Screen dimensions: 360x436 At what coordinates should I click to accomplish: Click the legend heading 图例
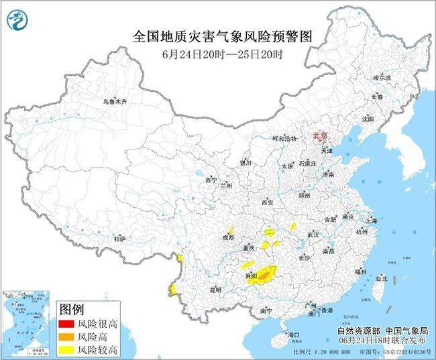pyautogui.click(x=72, y=310)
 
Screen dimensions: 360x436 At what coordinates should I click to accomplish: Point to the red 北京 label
pyautogui.click(x=321, y=136)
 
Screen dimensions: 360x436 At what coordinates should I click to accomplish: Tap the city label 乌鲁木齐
pyautogui.click(x=115, y=101)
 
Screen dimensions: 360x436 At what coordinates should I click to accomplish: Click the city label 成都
pyautogui.click(x=229, y=237)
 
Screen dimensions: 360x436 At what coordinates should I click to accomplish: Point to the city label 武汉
pyautogui.click(x=313, y=235)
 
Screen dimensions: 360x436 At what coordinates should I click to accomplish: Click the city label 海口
pyautogui.click(x=293, y=333)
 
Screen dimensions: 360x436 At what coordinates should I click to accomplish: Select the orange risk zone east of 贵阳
pyautogui.click(x=265, y=274)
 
